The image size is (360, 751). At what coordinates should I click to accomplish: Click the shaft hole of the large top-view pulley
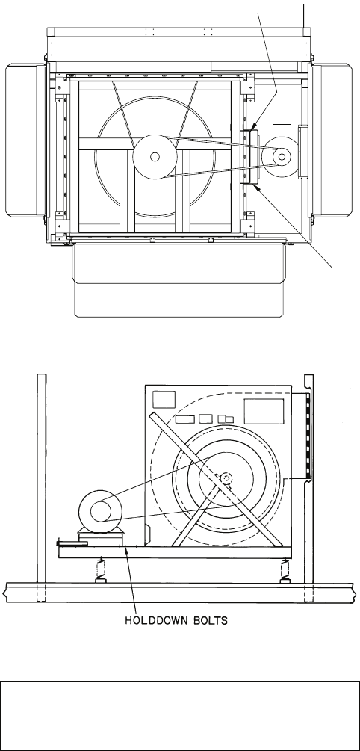(x=155, y=157)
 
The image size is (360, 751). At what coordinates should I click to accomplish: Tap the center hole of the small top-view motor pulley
(x=282, y=155)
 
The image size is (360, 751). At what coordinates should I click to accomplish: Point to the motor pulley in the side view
(x=101, y=511)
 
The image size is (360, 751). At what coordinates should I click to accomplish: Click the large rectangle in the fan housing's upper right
(x=264, y=411)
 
